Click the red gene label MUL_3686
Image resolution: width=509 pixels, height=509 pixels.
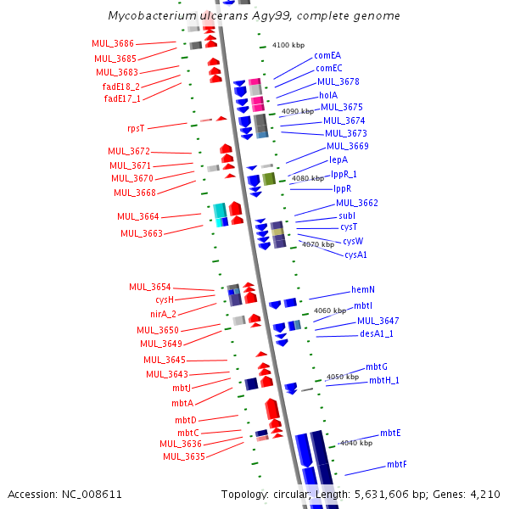click(x=113, y=43)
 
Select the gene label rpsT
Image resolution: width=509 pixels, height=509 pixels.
click(x=136, y=128)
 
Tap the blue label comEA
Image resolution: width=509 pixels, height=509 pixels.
click(x=327, y=55)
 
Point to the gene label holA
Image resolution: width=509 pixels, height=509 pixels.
click(x=327, y=95)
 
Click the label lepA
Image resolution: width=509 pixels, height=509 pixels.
click(x=338, y=159)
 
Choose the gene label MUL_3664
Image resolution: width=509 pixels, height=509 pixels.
click(x=137, y=217)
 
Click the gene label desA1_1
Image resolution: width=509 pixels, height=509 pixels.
click(x=377, y=333)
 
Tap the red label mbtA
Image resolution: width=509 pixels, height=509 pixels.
click(x=182, y=403)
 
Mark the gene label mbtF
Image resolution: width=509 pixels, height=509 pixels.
click(x=396, y=464)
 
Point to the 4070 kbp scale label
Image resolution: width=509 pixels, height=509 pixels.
click(x=317, y=244)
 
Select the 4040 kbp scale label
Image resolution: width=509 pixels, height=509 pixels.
click(x=355, y=443)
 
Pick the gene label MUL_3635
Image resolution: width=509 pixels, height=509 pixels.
click(x=183, y=456)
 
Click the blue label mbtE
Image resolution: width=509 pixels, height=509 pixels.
click(x=390, y=433)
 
